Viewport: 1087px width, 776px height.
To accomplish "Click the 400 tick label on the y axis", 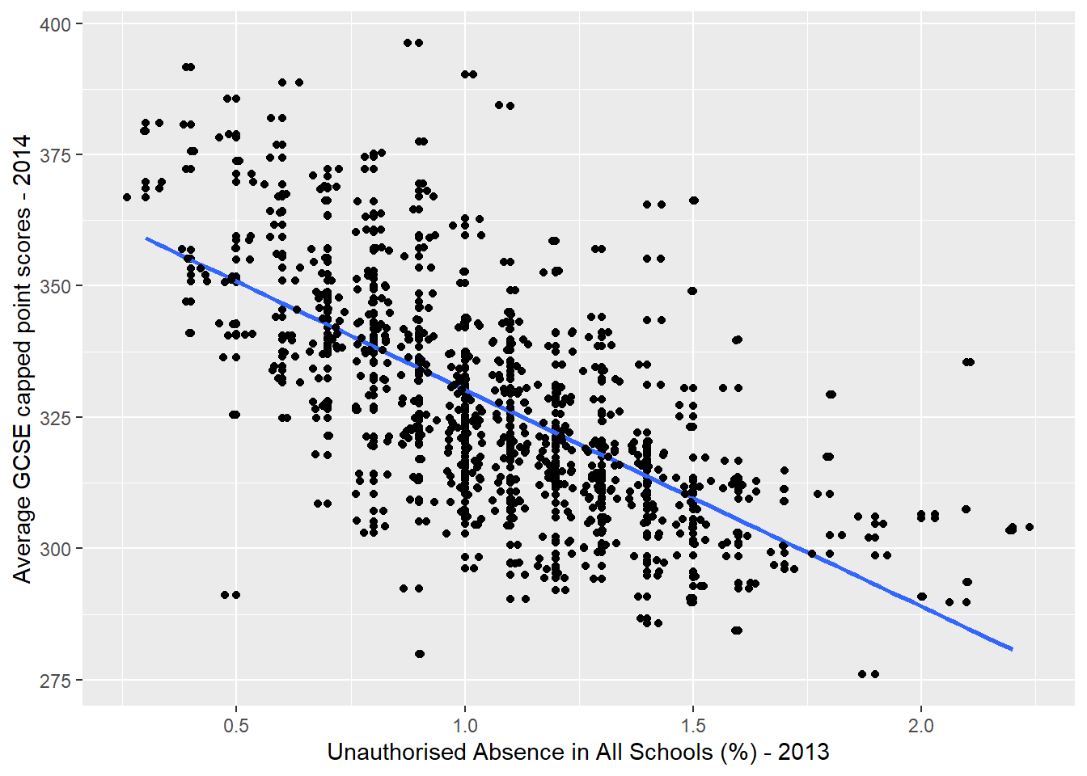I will click(x=55, y=24).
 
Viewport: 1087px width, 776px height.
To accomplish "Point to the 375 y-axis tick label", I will click(x=55, y=155).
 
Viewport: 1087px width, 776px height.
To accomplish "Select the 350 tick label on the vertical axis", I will click(x=55, y=286).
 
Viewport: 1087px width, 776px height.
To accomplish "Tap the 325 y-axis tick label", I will click(x=55, y=418).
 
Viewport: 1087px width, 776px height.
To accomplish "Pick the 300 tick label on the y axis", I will click(x=55, y=549).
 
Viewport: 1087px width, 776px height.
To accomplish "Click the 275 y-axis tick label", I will click(x=55, y=680).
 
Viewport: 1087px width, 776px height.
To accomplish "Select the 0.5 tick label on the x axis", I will click(x=235, y=725).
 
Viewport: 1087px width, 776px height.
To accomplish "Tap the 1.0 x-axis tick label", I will click(x=464, y=725).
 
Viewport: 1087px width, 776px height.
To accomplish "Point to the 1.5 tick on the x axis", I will click(x=692, y=725).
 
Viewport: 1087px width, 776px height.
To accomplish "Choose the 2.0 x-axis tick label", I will click(x=920, y=725).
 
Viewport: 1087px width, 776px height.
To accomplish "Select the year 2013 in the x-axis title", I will click(x=803, y=753).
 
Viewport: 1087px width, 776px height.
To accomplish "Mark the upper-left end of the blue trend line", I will click(x=146, y=238).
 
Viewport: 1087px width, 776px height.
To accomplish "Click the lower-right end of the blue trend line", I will click(x=1012, y=649).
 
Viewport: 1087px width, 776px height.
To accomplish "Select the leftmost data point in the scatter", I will click(x=127, y=197).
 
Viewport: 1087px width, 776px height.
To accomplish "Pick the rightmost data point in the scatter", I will click(x=1030, y=527).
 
